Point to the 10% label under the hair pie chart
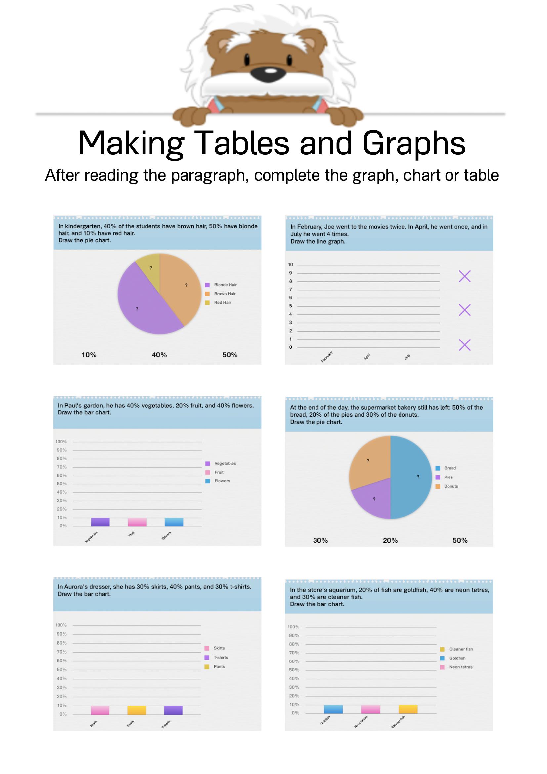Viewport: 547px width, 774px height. (89, 355)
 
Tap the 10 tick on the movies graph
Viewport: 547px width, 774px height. (290, 265)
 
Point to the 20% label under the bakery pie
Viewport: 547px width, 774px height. (390, 540)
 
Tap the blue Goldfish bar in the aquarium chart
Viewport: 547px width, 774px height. (333, 709)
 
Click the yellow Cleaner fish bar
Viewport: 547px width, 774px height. (408, 709)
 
